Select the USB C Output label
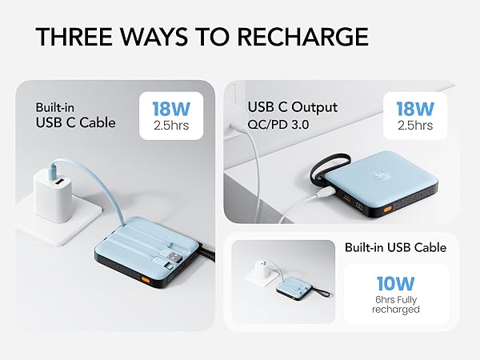pos(293,107)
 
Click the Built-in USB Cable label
pos(396,247)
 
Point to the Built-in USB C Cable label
pos(75,114)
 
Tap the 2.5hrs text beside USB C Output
pos(414,126)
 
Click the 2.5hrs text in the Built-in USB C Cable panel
pos(172,126)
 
